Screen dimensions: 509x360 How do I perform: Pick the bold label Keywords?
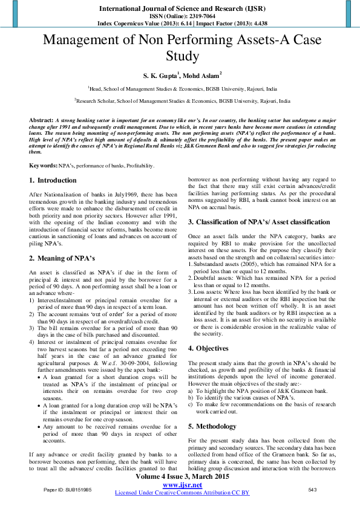click(x=42, y=165)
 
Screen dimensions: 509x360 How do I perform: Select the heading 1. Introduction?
click(x=53, y=180)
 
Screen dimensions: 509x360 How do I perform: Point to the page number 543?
click(x=313, y=488)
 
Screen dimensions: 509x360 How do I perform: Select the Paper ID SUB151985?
click(x=68, y=488)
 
